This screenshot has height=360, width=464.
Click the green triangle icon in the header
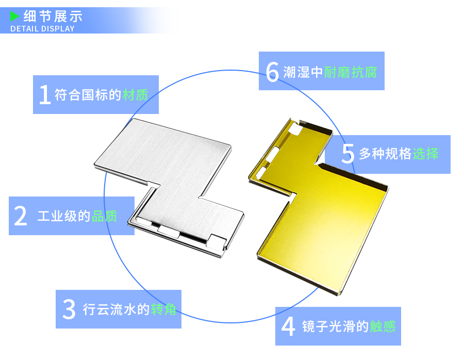click(14, 16)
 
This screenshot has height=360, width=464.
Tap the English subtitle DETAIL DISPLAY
click(42, 28)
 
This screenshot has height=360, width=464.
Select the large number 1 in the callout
click(45, 94)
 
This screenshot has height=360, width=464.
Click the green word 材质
click(135, 95)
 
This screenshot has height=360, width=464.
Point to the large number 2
click(21, 216)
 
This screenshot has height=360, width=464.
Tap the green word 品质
click(104, 216)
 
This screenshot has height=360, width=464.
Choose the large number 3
click(69, 309)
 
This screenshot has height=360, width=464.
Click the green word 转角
click(163, 309)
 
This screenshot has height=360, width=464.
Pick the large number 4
click(288, 326)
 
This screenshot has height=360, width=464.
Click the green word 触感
click(383, 326)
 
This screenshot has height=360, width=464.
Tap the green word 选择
click(425, 154)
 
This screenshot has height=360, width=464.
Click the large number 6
click(272, 72)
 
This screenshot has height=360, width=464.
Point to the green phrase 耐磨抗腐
click(351, 72)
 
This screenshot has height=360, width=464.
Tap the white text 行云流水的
click(116, 309)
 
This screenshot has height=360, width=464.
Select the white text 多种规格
click(385, 154)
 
